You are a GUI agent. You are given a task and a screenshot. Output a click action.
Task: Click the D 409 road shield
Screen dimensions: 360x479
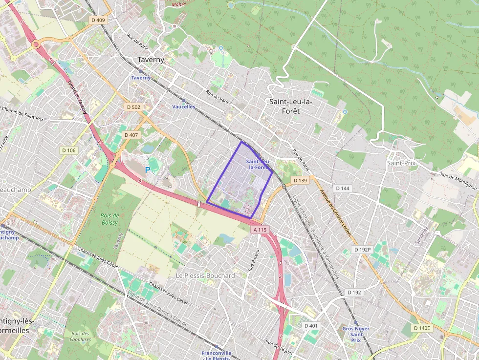pyautogui.click(x=98, y=20)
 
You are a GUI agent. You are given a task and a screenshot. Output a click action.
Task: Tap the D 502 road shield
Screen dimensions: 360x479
pyautogui.click(x=132, y=107)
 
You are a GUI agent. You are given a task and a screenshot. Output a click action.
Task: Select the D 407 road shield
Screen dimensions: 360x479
pyautogui.click(x=131, y=134)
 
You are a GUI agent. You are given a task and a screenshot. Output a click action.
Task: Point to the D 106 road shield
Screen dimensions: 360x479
pyautogui.click(x=69, y=150)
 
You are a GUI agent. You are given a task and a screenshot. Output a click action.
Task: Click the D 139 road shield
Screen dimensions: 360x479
pyautogui.click(x=300, y=180)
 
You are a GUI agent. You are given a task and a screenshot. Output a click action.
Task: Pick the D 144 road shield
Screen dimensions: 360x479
pyautogui.click(x=343, y=188)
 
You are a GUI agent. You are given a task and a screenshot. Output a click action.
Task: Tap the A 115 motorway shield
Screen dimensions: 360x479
pyautogui.click(x=260, y=230)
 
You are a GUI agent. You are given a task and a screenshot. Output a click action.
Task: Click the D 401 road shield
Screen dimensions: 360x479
pyautogui.click(x=311, y=325)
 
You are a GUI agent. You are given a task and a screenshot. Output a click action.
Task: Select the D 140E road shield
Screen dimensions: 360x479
pyautogui.click(x=422, y=328)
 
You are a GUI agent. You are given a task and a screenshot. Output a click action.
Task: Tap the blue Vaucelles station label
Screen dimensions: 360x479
pyautogui.click(x=183, y=106)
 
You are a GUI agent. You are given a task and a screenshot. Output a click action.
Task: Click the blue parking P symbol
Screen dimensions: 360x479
pyautogui.click(x=147, y=169)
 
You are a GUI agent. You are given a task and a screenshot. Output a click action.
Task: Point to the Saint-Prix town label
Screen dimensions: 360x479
pyautogui.click(x=401, y=163)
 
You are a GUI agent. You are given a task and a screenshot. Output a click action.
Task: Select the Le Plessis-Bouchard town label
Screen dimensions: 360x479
pyautogui.click(x=205, y=275)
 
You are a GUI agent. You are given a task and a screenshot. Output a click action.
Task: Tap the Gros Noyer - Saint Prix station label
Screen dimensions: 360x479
pyautogui.click(x=356, y=334)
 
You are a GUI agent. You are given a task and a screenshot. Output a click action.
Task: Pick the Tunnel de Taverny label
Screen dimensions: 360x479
pyautogui.click(x=78, y=97)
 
